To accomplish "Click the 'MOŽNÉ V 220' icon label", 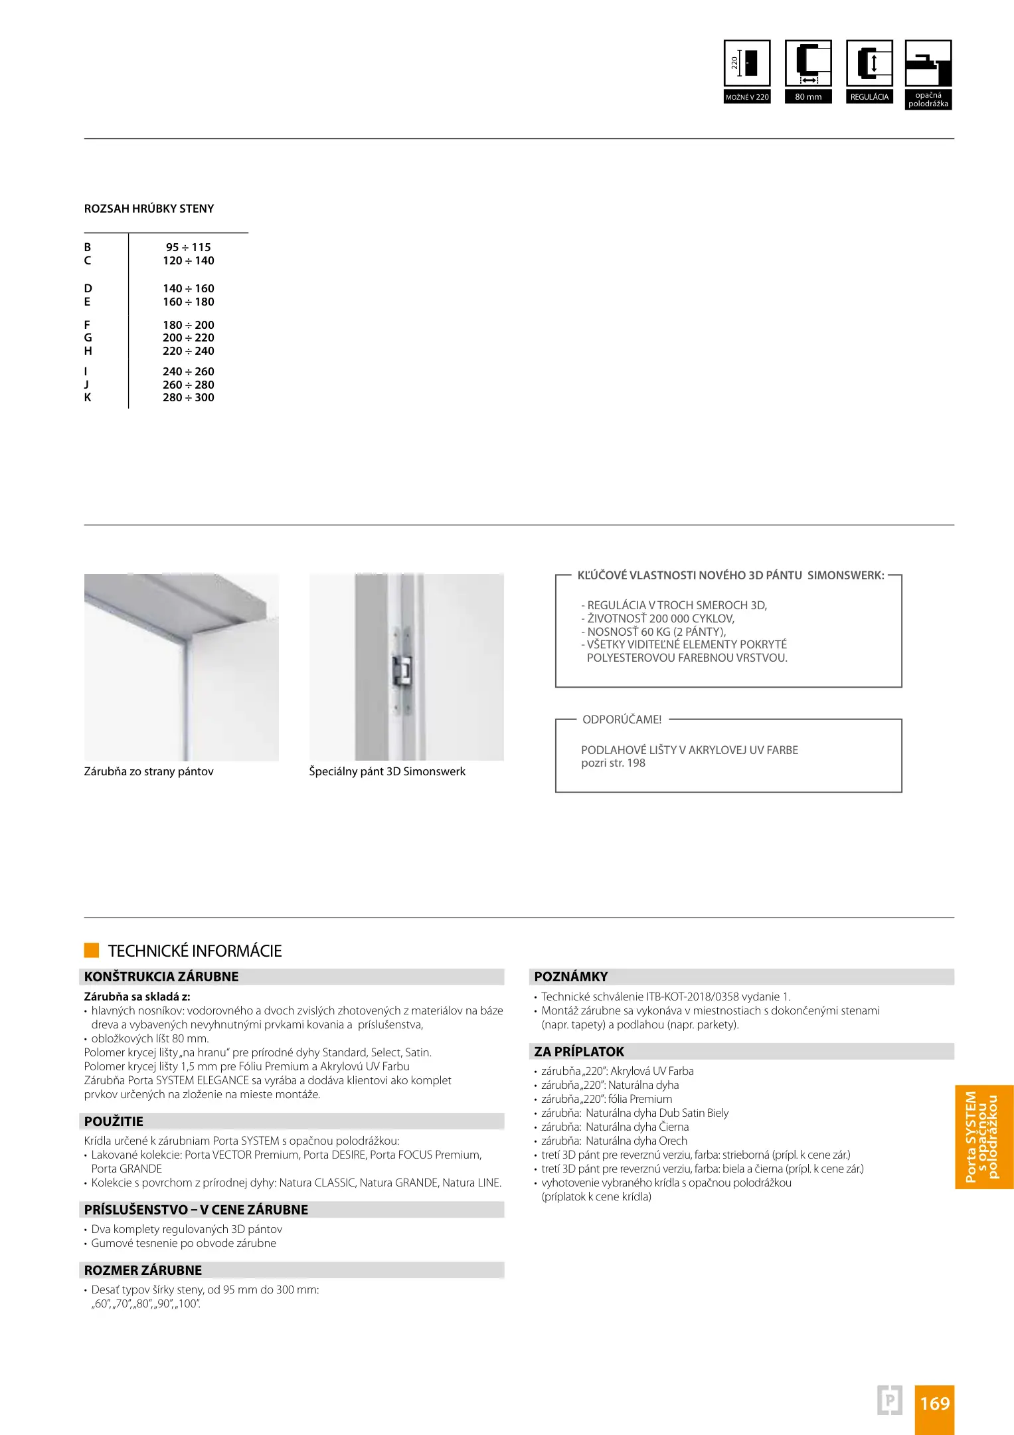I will point(747,97).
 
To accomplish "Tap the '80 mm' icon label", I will point(808,97).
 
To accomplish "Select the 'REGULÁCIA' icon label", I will point(869,97).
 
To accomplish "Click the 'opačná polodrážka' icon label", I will point(928,100).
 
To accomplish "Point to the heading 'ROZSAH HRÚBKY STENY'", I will point(149,209).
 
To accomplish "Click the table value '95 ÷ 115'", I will point(189,247).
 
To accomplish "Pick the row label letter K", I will point(88,397).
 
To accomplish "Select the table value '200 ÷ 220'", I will point(189,337).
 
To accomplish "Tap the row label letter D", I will point(88,288).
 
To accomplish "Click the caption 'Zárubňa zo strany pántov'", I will point(149,771).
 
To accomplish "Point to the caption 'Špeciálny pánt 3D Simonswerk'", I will point(387,771).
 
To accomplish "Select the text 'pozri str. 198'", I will point(613,763).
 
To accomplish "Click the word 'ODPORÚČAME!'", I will point(622,719).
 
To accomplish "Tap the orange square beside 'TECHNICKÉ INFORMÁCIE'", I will point(92,950).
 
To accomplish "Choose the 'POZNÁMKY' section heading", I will point(571,977).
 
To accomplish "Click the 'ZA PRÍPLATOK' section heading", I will point(579,1052).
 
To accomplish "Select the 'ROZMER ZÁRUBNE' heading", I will point(143,1270).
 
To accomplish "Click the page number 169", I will point(934,1403).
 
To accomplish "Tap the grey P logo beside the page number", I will point(890,1400).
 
